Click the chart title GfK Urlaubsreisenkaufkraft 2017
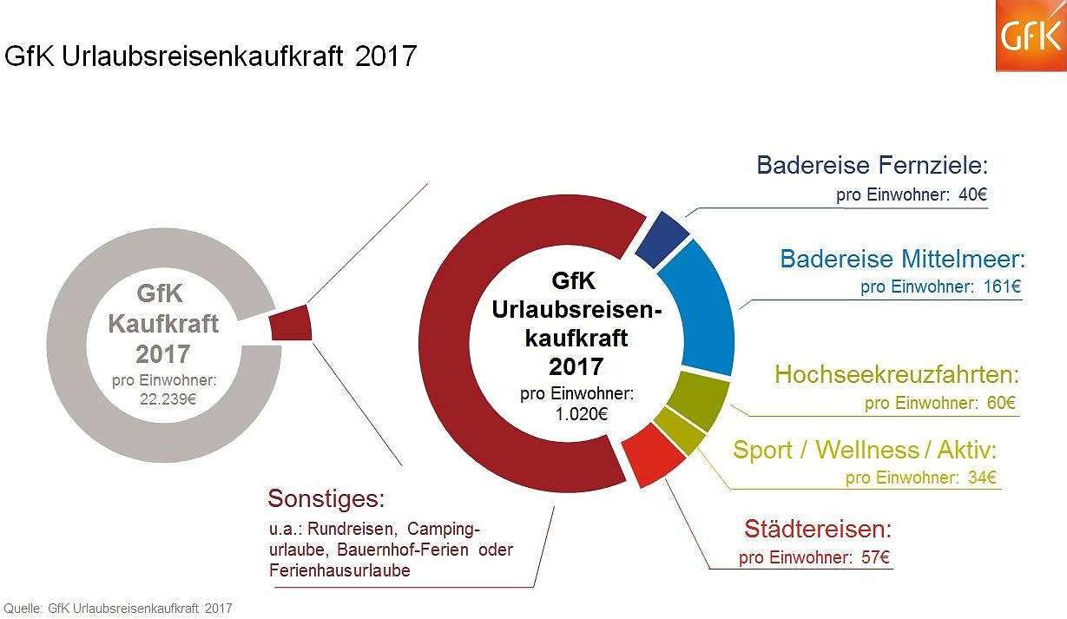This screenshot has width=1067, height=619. [x=211, y=56]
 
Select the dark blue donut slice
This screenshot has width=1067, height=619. [x=662, y=240]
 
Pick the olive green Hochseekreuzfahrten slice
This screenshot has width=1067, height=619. [x=702, y=398]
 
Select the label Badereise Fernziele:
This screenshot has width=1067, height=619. [x=873, y=165]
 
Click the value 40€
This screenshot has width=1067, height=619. [x=972, y=194]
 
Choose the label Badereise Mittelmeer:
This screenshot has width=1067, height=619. [x=903, y=259]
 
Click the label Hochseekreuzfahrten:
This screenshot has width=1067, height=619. [x=896, y=375]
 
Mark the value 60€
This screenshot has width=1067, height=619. [x=999, y=403]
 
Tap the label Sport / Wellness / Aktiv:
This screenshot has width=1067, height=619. [x=865, y=450]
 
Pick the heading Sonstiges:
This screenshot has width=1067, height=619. [x=326, y=499]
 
